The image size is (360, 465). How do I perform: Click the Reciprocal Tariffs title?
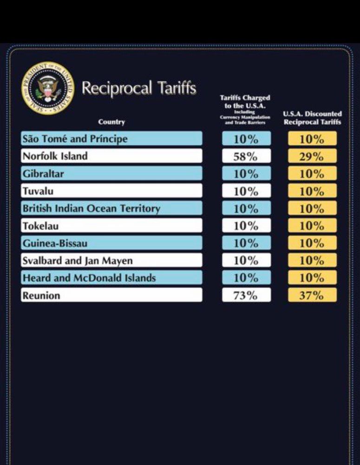click(x=139, y=88)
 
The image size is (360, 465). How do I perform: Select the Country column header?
click(x=111, y=122)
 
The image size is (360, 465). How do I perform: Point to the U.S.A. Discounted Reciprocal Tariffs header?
click(x=312, y=118)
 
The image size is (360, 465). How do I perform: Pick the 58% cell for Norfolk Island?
click(x=246, y=156)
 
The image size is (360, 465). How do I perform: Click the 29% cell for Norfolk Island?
click(x=312, y=156)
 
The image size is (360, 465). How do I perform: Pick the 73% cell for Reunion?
click(x=246, y=295)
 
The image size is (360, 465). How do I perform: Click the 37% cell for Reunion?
click(x=312, y=295)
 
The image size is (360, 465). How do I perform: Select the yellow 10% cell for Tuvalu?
click(x=312, y=191)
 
